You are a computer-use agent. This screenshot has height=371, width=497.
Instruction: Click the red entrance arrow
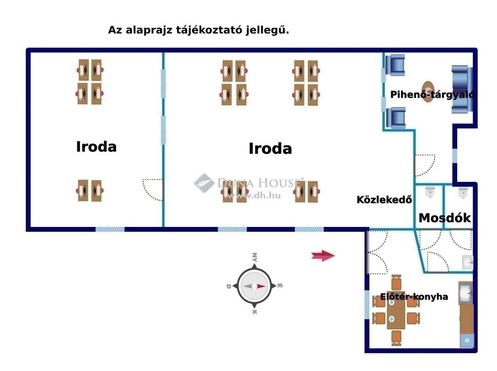323,256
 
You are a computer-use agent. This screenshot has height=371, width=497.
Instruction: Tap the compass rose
254,286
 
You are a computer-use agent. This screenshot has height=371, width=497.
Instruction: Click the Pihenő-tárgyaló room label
432,95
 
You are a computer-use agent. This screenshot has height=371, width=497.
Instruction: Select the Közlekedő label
384,200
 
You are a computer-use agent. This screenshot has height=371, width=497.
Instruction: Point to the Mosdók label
445,218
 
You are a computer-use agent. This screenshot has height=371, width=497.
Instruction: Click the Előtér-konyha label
414,296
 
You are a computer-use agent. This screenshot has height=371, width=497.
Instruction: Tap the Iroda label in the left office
97,146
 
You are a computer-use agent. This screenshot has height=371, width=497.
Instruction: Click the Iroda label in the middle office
270,148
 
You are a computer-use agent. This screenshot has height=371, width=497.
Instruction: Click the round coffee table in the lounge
428,92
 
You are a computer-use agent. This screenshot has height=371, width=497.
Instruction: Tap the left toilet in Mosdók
430,192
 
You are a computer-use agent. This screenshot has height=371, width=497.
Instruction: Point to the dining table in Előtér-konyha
396,314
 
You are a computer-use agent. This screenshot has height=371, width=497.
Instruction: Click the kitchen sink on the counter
465,293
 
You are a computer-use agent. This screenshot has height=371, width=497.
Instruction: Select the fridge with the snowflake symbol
467,340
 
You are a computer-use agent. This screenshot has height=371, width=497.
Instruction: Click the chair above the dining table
396,282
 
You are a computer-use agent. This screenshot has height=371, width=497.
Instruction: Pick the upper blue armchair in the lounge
395,65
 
